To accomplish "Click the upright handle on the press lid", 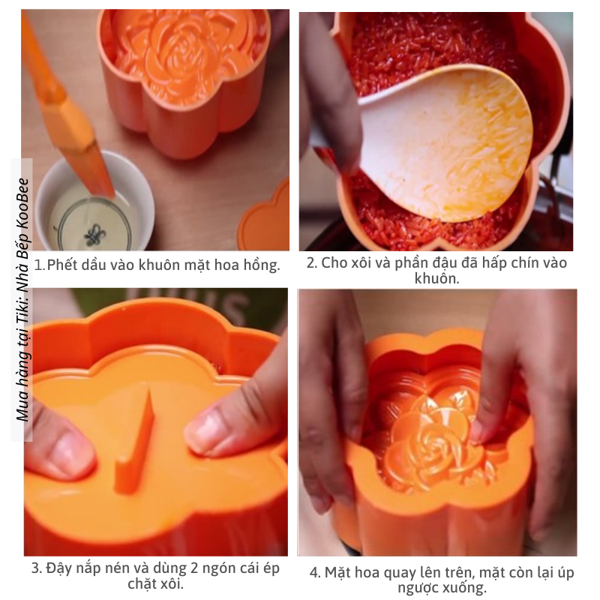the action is pyautogui.click(x=136, y=440).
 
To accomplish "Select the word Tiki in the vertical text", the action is pyautogui.click(x=23, y=319).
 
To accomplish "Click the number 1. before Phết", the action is pyautogui.click(x=40, y=265).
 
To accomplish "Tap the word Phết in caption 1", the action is pyautogui.click(x=63, y=265).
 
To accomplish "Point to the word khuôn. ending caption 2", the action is pyautogui.click(x=436, y=278).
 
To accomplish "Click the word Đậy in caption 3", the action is pyautogui.click(x=59, y=568).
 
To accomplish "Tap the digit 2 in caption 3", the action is pyautogui.click(x=194, y=568).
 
